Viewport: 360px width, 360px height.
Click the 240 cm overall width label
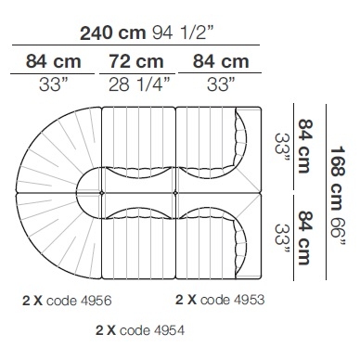coord(113,33)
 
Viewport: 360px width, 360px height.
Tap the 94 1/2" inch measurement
coord(183,32)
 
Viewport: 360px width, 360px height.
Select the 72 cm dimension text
coord(136,61)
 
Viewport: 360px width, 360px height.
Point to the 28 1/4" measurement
coord(139,84)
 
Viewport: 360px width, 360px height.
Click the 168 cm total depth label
coord(338,178)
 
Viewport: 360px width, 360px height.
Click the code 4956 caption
coord(79,301)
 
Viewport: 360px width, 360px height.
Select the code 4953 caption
coord(232,300)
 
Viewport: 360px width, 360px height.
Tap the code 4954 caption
coord(152,330)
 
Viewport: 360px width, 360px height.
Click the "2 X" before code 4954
coord(106,330)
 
